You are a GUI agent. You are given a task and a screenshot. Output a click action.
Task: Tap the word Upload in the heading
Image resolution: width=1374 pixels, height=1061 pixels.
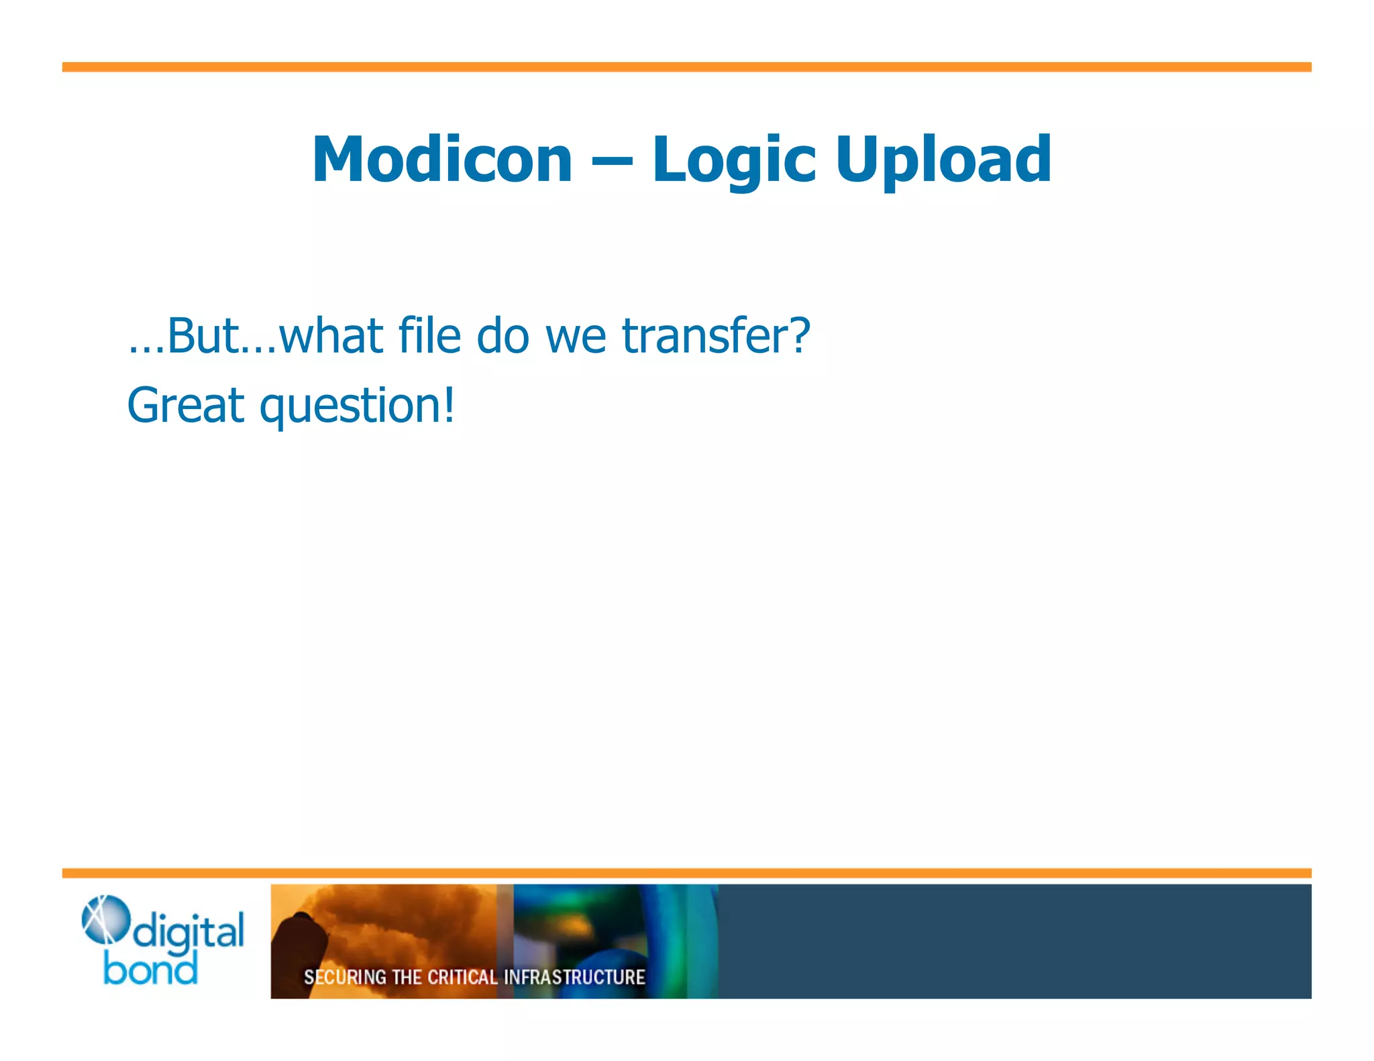(x=943, y=161)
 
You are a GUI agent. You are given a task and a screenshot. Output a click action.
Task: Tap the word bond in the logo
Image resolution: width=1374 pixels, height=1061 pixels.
(x=150, y=970)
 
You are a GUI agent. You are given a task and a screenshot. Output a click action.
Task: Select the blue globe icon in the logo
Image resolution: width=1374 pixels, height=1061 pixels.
(x=105, y=919)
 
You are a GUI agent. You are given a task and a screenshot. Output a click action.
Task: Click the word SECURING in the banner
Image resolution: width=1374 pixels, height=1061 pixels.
(x=345, y=977)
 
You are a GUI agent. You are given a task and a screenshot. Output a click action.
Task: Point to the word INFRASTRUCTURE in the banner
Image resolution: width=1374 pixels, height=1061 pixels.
(x=574, y=977)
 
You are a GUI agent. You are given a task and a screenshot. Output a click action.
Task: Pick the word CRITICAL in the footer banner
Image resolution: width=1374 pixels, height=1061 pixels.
(x=462, y=977)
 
